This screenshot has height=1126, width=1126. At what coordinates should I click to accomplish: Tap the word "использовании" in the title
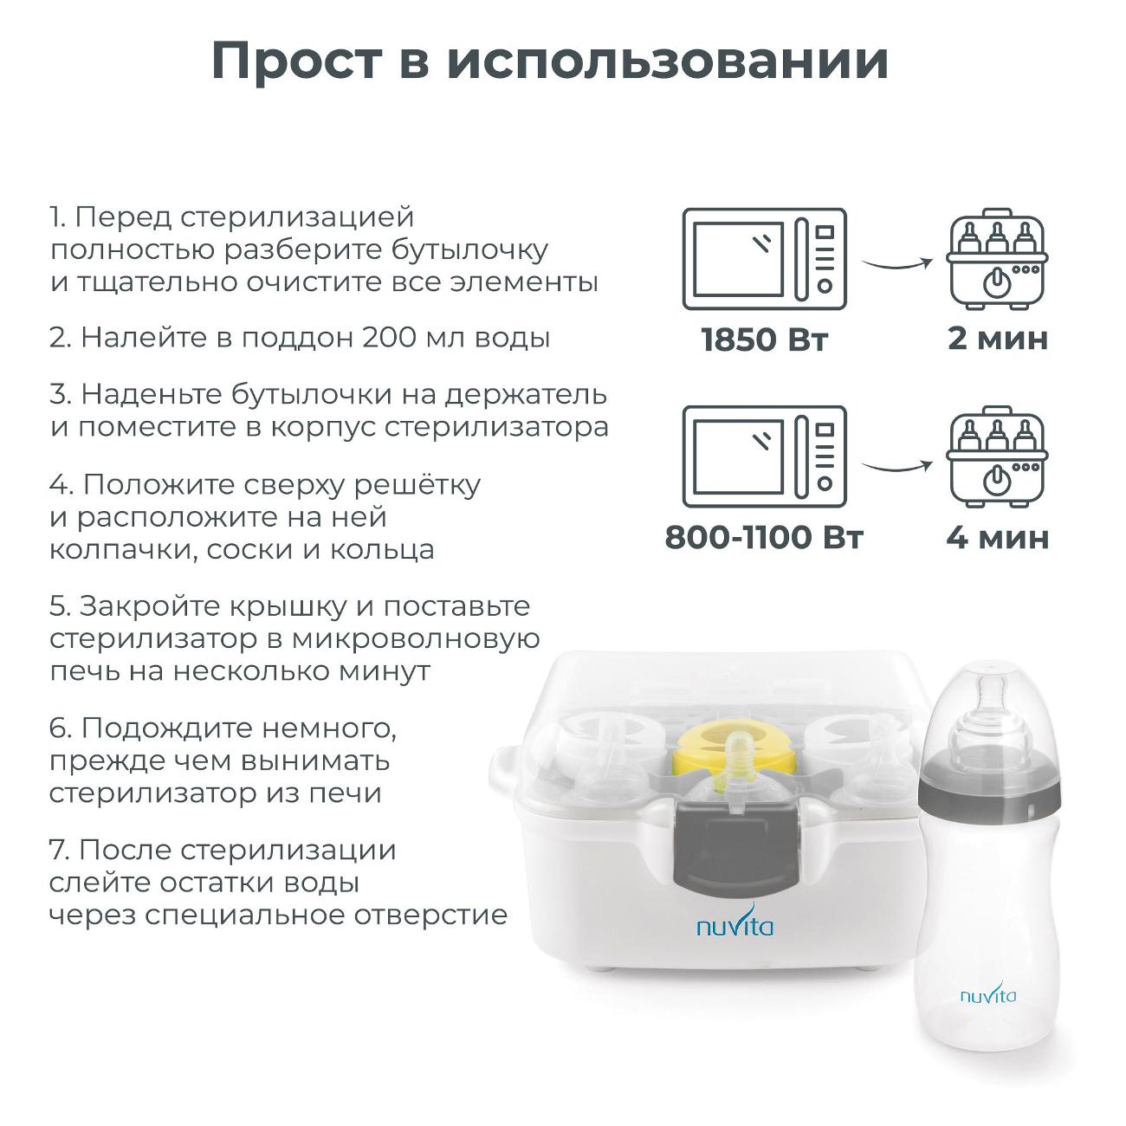click(667, 62)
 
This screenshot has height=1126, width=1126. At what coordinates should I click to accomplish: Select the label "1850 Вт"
click(764, 340)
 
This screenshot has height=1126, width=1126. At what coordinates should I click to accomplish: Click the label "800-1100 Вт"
click(764, 537)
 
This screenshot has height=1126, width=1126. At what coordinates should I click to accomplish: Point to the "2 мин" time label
click(998, 339)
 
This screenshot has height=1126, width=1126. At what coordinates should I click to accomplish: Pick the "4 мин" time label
click(998, 537)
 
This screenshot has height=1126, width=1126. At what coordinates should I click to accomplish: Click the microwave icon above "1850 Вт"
click(764, 258)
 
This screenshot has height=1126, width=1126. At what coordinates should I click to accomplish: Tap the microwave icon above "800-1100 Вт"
click(764, 456)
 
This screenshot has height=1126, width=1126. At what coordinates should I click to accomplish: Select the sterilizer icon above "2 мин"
click(998, 258)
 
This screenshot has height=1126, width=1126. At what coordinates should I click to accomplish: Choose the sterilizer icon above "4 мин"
click(998, 456)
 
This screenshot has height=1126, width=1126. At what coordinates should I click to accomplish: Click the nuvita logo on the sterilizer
click(734, 927)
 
